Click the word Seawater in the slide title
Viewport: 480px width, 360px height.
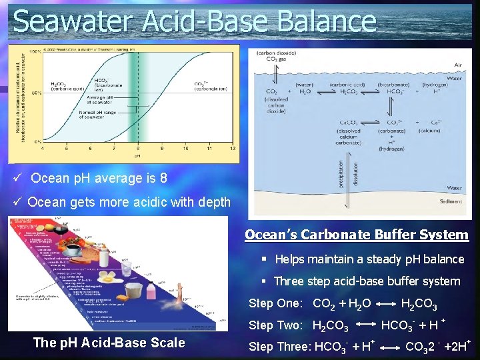[x=74, y=21]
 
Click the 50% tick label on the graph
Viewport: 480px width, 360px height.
[x=37, y=93]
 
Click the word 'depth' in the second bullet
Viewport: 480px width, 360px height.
[x=211, y=202]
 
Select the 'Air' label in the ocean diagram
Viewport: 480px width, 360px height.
[x=458, y=65]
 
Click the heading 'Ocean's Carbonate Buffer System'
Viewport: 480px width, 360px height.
[x=356, y=235]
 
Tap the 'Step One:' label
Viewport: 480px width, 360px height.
[x=275, y=304]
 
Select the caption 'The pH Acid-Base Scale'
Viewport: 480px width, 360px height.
[x=109, y=343]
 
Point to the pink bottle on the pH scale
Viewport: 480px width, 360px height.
[x=151, y=291]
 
